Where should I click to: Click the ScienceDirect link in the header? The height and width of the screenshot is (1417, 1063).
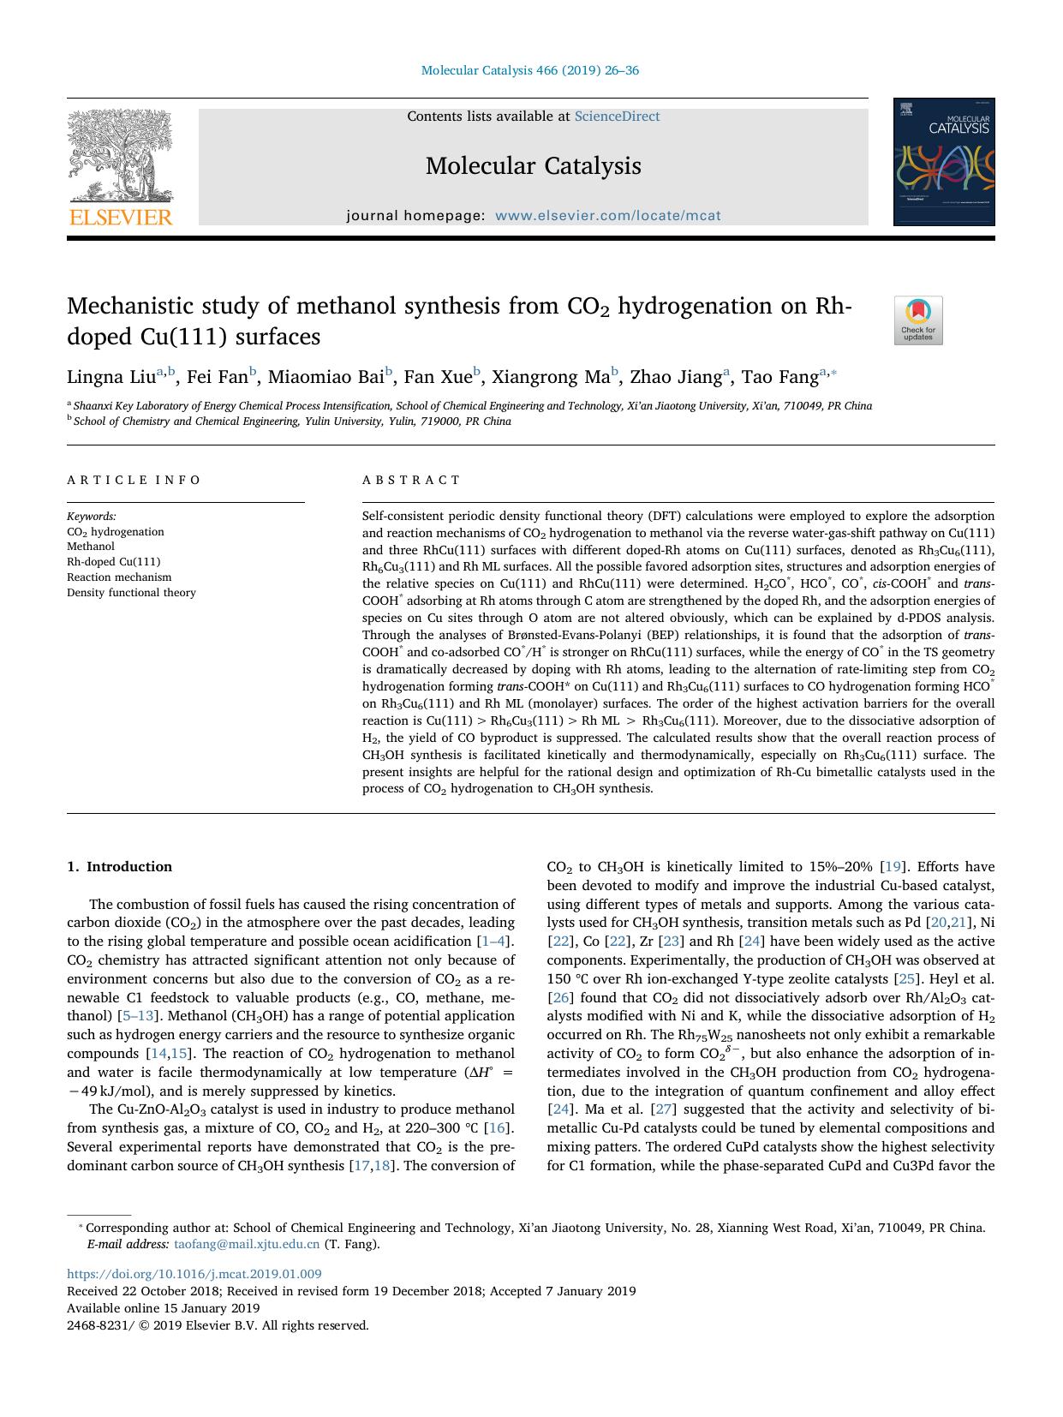pyautogui.click(x=617, y=117)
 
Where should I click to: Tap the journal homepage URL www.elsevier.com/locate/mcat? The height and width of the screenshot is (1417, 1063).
pyautogui.click(x=608, y=216)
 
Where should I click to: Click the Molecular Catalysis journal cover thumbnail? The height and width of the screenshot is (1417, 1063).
pyautogui.click(x=943, y=162)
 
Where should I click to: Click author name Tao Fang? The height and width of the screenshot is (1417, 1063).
pyautogui.click(x=779, y=377)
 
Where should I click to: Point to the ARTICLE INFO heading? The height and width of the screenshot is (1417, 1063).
pyautogui.click(x=134, y=480)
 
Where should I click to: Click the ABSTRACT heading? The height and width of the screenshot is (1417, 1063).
pyautogui.click(x=411, y=480)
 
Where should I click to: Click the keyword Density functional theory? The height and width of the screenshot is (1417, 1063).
pyautogui.click(x=131, y=593)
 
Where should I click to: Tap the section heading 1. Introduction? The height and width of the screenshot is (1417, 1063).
pyautogui.click(x=119, y=867)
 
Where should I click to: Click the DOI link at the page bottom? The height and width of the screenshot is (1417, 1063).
pyautogui.click(x=194, y=1274)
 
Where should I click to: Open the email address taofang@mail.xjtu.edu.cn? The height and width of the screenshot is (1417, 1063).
pyautogui.click(x=247, y=1244)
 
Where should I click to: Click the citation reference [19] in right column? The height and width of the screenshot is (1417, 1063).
pyautogui.click(x=893, y=867)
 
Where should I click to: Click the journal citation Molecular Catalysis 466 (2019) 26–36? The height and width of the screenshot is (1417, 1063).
pyautogui.click(x=530, y=70)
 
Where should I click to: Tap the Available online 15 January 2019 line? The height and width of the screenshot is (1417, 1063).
pyautogui.click(x=163, y=1308)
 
